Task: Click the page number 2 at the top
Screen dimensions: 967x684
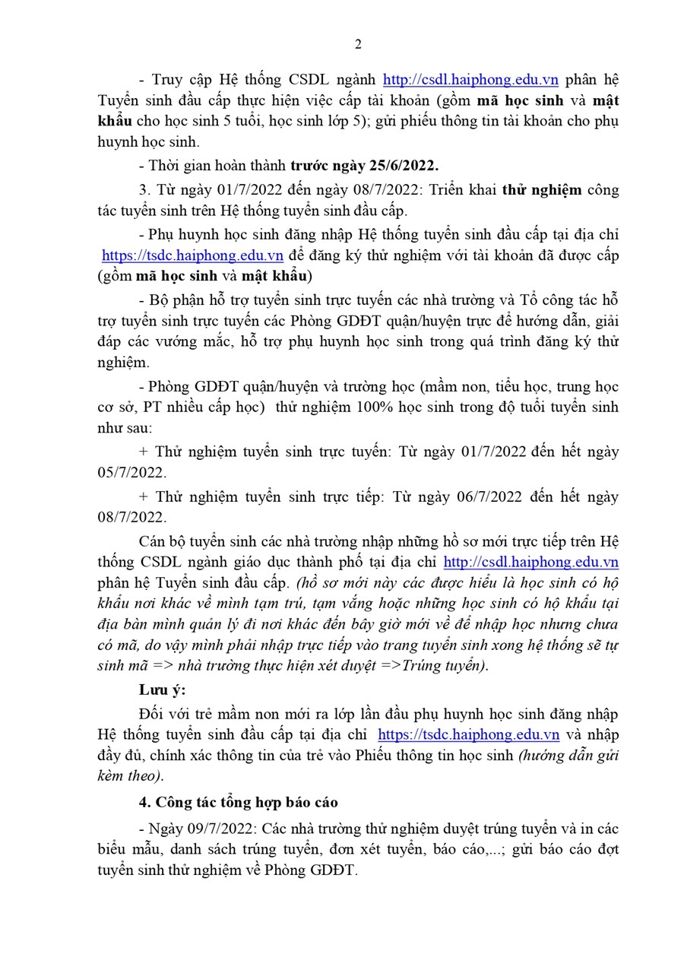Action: click(358, 44)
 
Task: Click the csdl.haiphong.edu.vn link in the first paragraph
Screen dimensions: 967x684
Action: click(470, 79)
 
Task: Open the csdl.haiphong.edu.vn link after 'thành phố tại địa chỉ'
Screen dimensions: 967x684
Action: click(530, 563)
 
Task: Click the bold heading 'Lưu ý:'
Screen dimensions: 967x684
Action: click(162, 690)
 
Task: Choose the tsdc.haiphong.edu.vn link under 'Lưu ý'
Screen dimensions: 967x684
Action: click(468, 735)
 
